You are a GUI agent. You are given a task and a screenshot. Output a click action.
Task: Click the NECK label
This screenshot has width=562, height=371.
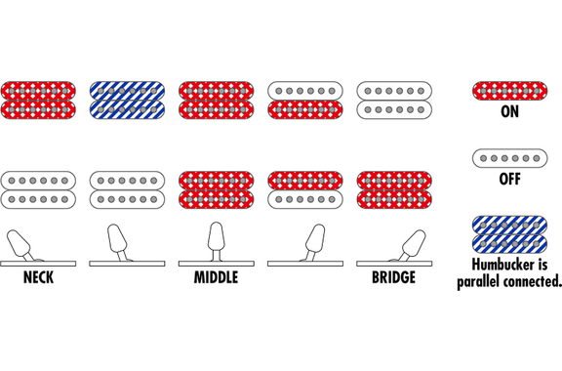click(38, 277)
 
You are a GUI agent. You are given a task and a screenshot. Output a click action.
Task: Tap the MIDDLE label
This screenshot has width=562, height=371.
click(217, 277)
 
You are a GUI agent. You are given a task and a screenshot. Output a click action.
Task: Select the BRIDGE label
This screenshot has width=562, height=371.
click(393, 277)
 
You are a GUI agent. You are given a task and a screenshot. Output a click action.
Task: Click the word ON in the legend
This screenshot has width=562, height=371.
click(509, 111)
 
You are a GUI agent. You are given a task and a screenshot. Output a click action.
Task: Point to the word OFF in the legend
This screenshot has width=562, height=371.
click(509, 179)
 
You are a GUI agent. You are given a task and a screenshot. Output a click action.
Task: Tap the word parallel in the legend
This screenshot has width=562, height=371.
click(478, 281)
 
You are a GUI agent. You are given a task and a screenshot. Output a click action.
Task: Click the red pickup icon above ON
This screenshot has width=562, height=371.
click(509, 91)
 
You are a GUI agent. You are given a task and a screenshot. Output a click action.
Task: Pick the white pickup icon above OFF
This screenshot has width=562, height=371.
click(509, 158)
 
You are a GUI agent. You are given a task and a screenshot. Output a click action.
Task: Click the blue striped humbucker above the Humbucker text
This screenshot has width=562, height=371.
click(509, 234)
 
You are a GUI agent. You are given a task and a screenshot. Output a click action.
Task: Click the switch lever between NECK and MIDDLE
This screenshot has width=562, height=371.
click(117, 241)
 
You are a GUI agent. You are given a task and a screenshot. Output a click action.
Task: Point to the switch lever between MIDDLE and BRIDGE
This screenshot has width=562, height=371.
click(315, 241)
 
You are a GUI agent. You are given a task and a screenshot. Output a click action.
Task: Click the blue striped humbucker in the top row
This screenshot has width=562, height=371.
click(127, 101)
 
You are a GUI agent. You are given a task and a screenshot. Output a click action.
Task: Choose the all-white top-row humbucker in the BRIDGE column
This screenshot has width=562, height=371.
click(394, 101)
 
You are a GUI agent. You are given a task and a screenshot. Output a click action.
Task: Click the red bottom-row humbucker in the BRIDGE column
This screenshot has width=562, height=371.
click(394, 190)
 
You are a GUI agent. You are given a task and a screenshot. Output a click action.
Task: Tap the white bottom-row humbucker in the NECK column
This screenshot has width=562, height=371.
click(38, 190)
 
